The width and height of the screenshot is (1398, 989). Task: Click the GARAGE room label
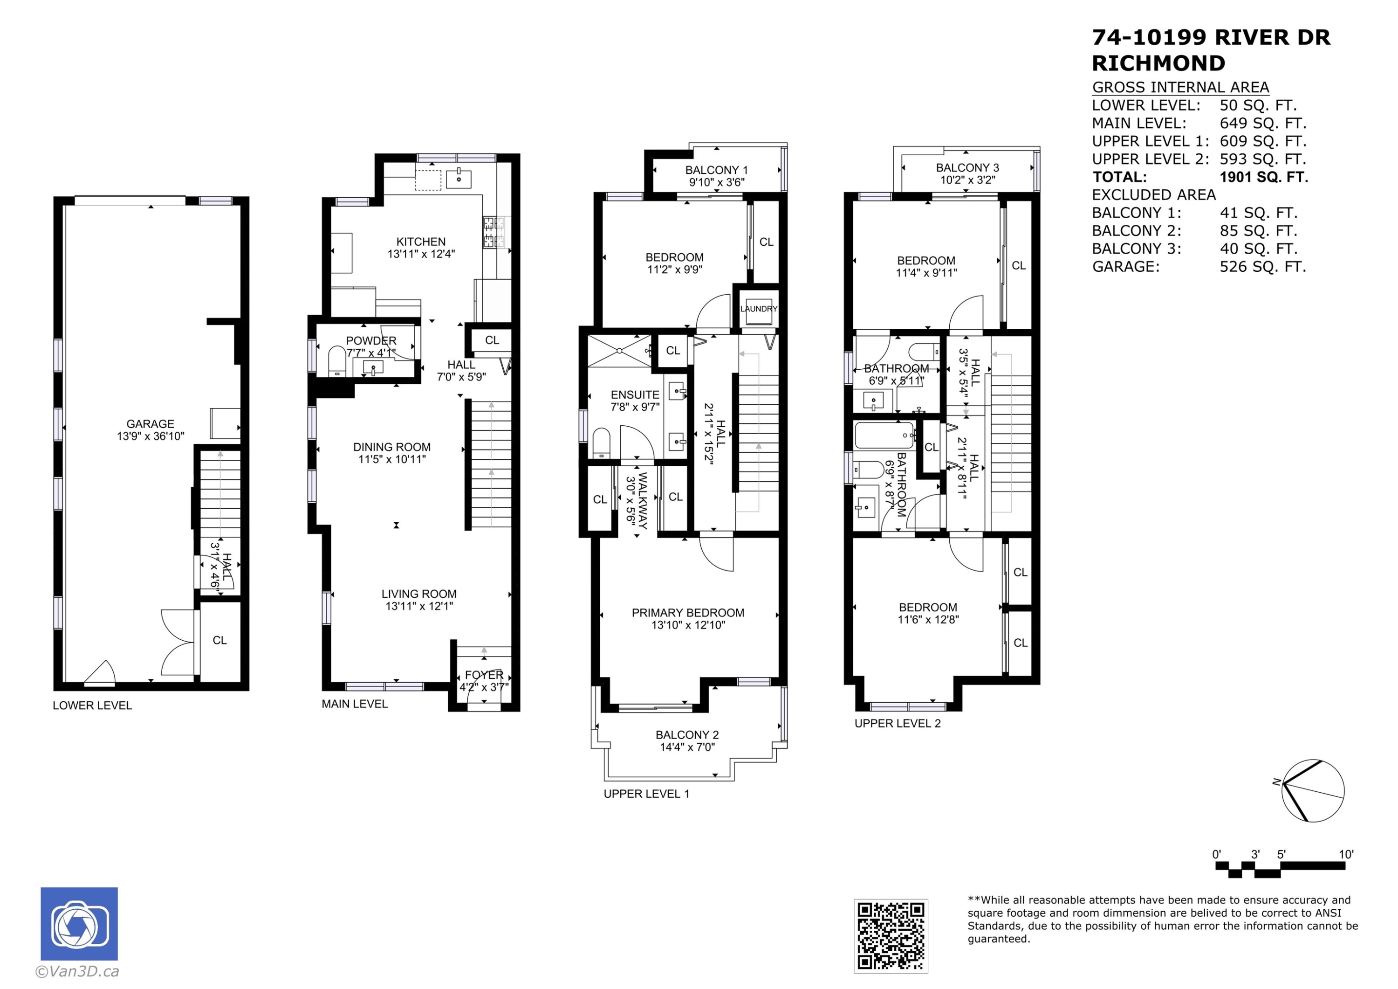(x=151, y=423)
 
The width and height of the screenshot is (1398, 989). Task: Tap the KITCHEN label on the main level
(x=421, y=242)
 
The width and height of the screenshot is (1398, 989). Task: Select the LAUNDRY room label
(x=759, y=309)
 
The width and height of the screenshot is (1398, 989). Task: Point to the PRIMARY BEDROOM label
(x=688, y=612)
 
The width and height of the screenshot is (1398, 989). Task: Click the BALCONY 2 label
(x=687, y=735)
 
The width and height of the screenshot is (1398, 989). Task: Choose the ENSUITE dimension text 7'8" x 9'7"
(x=635, y=407)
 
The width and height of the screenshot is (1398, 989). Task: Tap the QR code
(x=891, y=936)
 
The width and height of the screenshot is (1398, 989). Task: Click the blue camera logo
(x=79, y=924)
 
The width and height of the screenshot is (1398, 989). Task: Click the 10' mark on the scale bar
(x=1346, y=854)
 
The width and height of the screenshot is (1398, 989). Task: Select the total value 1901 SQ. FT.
(x=1263, y=177)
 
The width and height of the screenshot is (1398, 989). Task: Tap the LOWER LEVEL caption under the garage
(x=92, y=705)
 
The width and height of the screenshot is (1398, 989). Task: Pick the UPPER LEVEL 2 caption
(x=898, y=723)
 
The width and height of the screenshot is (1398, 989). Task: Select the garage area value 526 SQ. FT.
(x=1263, y=267)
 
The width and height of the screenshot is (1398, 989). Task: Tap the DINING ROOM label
(x=391, y=447)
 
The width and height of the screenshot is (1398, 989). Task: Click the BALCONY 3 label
(x=967, y=167)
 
